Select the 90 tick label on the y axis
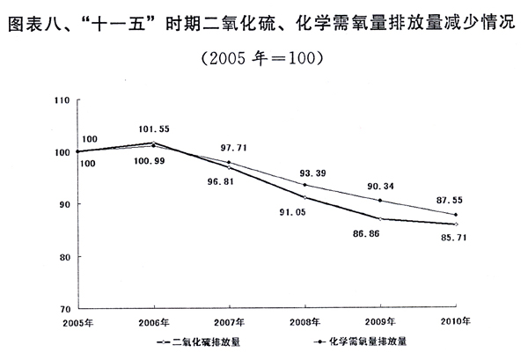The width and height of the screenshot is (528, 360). click(64, 205)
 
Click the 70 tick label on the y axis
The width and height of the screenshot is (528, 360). click(64, 309)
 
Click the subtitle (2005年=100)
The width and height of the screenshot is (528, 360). click(263, 58)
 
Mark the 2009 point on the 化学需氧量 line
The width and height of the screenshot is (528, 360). click(380, 201)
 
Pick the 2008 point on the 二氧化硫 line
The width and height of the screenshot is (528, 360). click(304, 197)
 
